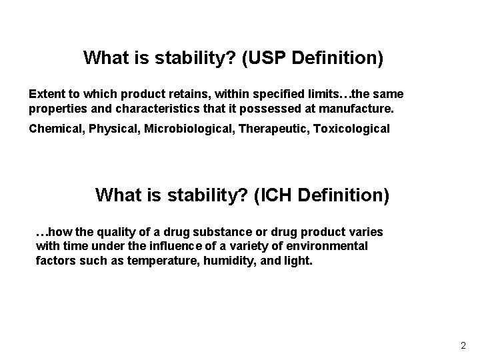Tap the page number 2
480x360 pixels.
(x=463, y=346)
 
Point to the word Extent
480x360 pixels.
(x=47, y=94)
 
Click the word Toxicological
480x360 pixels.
(x=351, y=128)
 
